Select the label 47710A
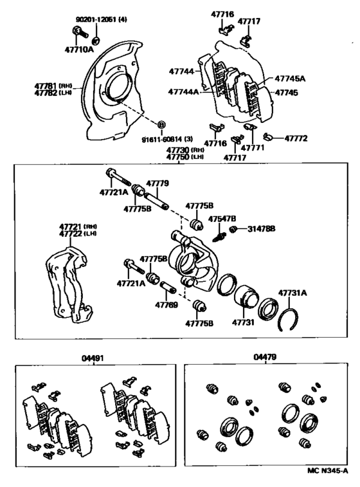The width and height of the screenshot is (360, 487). click(78, 48)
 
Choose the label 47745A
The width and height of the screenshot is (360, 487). click(290, 78)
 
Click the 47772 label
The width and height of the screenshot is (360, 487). click(296, 138)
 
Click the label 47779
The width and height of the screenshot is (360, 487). click(157, 183)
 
